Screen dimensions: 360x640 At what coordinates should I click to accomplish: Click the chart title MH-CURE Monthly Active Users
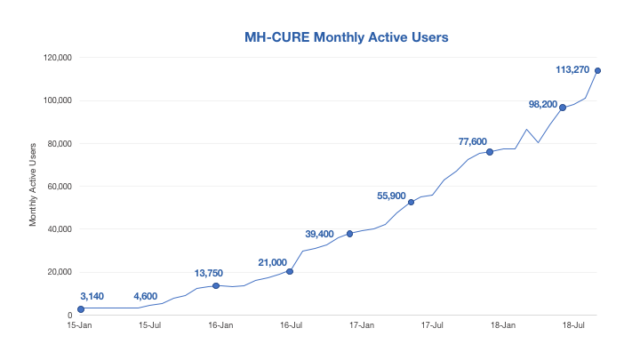pos(346,37)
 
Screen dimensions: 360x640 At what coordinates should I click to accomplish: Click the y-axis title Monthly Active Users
pos(34,183)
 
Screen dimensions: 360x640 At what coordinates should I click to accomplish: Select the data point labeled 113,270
pos(598,71)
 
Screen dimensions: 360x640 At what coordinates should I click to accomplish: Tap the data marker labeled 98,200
pos(563,108)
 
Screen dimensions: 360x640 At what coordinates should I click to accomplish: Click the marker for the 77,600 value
pos(490,152)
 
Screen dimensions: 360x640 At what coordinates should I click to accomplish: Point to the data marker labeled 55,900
pos(411,203)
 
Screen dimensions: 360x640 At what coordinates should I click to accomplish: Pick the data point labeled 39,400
pos(350,234)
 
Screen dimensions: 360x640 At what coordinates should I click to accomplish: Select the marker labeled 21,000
pos(290,271)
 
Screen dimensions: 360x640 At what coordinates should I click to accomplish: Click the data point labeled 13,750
pos(216,285)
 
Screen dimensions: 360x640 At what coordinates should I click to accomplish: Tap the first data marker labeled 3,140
pos(81,309)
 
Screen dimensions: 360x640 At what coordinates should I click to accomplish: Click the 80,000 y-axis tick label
pos(59,143)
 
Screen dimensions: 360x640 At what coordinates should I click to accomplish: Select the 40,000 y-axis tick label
pos(59,229)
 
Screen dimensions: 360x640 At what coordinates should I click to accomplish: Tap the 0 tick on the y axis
pos(69,316)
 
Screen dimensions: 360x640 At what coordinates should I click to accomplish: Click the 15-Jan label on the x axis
pos(79,326)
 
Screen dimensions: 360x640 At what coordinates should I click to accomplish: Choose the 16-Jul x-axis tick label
pos(291,326)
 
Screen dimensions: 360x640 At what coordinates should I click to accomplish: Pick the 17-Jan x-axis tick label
pos(362,326)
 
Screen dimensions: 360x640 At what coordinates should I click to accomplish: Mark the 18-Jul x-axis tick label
pos(574,326)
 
